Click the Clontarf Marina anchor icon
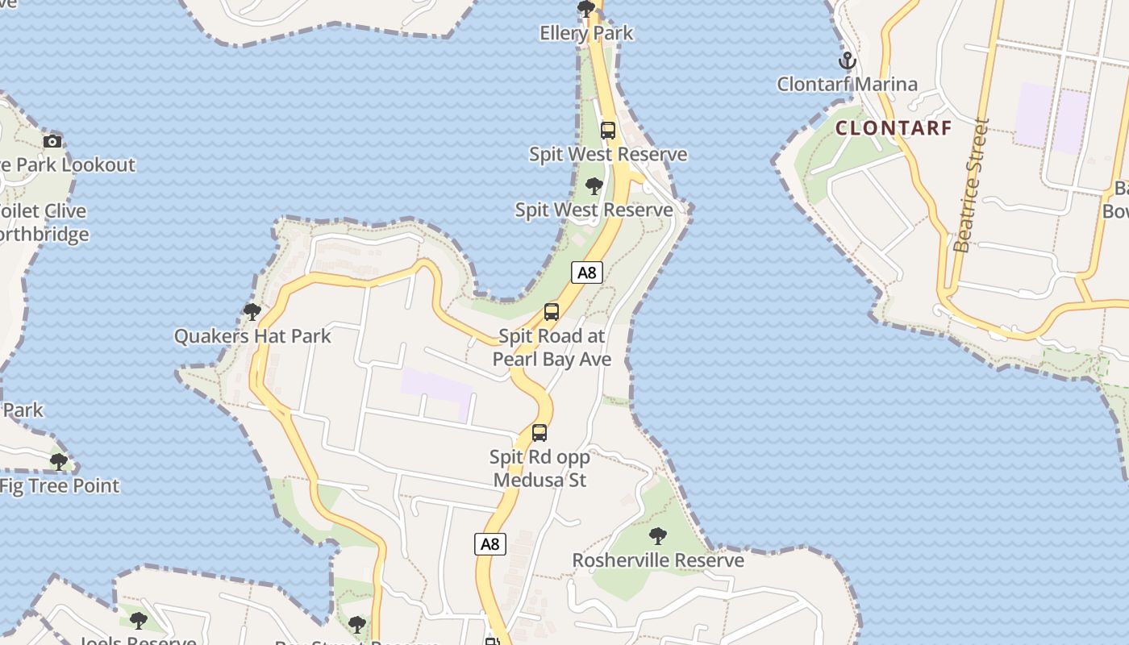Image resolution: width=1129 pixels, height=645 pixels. point(847,60)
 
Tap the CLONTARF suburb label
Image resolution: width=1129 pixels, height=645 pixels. point(894,127)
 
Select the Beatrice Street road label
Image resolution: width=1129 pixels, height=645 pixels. point(971,185)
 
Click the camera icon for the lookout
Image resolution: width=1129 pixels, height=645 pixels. point(52,141)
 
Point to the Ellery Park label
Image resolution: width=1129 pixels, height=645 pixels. point(586,33)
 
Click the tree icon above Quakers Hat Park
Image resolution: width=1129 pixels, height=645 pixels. point(252,311)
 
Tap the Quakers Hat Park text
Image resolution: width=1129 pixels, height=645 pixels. point(252,335)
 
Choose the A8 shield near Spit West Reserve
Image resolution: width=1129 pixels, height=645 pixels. point(587,273)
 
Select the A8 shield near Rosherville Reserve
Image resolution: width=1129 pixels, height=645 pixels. point(490,544)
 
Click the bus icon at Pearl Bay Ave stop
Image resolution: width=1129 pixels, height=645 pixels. point(552,311)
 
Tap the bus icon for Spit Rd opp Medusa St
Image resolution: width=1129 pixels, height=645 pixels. point(540,432)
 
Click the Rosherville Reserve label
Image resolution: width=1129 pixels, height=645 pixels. point(658,560)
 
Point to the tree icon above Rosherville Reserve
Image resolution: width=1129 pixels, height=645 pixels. point(658,535)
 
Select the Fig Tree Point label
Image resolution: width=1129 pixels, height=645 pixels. point(60,485)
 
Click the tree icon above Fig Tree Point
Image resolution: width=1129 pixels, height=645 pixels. point(58,462)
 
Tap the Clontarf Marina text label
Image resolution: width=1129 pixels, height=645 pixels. point(847,84)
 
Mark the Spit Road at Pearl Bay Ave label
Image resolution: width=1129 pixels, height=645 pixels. point(552,347)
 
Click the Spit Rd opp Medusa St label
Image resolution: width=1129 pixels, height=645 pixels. point(540,468)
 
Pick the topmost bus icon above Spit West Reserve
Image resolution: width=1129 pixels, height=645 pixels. point(608,130)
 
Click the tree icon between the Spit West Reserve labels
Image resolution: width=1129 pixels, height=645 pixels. point(594,186)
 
